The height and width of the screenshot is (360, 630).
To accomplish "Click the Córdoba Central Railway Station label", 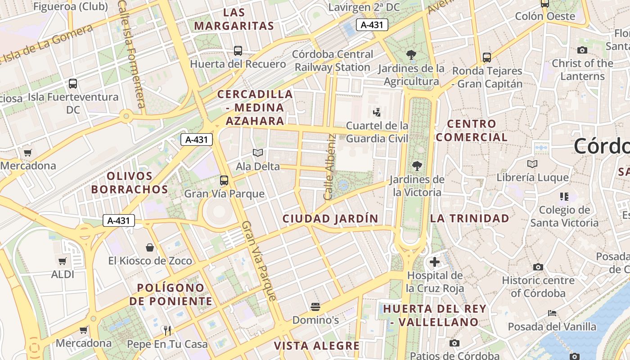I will [x=333, y=61].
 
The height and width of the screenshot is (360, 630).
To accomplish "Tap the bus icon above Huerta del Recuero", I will [x=238, y=51].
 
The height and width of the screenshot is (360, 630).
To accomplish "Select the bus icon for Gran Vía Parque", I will [x=224, y=180].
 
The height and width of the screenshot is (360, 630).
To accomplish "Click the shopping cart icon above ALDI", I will [x=63, y=261].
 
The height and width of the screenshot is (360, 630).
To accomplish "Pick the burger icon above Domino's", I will [x=315, y=307].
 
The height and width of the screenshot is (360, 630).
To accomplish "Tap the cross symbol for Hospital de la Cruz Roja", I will [x=435, y=261].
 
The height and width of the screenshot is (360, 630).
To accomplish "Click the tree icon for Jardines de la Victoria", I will [x=417, y=166].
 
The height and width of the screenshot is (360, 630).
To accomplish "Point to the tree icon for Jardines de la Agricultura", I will [x=411, y=55].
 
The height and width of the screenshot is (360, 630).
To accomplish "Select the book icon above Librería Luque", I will [x=532, y=164].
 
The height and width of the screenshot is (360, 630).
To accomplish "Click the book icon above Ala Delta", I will [x=258, y=153].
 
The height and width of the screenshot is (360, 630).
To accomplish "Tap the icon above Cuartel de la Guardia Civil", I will [x=377, y=112].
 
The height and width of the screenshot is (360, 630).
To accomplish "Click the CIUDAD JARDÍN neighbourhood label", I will [x=330, y=219].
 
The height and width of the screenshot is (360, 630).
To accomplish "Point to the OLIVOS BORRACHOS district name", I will [x=130, y=183].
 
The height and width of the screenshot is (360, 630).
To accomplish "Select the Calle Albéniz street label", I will [x=330, y=167].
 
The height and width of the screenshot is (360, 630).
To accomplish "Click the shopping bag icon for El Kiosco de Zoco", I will [x=150, y=247].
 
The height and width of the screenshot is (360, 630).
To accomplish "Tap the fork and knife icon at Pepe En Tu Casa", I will [x=167, y=331].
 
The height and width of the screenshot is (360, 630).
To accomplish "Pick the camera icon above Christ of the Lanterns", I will [x=582, y=50].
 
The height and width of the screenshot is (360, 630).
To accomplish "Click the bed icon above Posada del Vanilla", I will [x=552, y=313].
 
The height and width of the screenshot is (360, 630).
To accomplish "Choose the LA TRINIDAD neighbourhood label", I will [x=470, y=219].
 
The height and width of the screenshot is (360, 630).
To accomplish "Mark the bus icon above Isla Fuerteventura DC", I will [x=73, y=83].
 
